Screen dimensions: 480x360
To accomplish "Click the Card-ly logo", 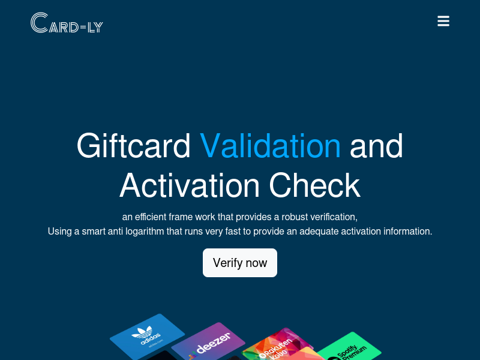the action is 67,23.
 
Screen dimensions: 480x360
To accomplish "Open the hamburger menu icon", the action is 443,21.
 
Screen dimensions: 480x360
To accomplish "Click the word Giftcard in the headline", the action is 133,146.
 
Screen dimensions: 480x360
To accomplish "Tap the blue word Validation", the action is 270,146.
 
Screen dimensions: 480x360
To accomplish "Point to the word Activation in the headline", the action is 190,185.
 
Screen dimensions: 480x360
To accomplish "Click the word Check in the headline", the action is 314,185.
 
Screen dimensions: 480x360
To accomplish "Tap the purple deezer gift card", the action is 209,342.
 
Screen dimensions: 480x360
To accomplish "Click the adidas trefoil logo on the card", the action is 142,332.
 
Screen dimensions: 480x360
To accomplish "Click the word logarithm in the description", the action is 145,232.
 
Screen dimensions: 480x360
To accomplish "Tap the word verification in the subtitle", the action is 334,217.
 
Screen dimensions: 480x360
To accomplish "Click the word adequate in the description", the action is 319,232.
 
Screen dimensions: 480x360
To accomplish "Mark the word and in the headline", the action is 376,146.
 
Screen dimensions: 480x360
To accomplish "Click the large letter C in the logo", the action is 40,23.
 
